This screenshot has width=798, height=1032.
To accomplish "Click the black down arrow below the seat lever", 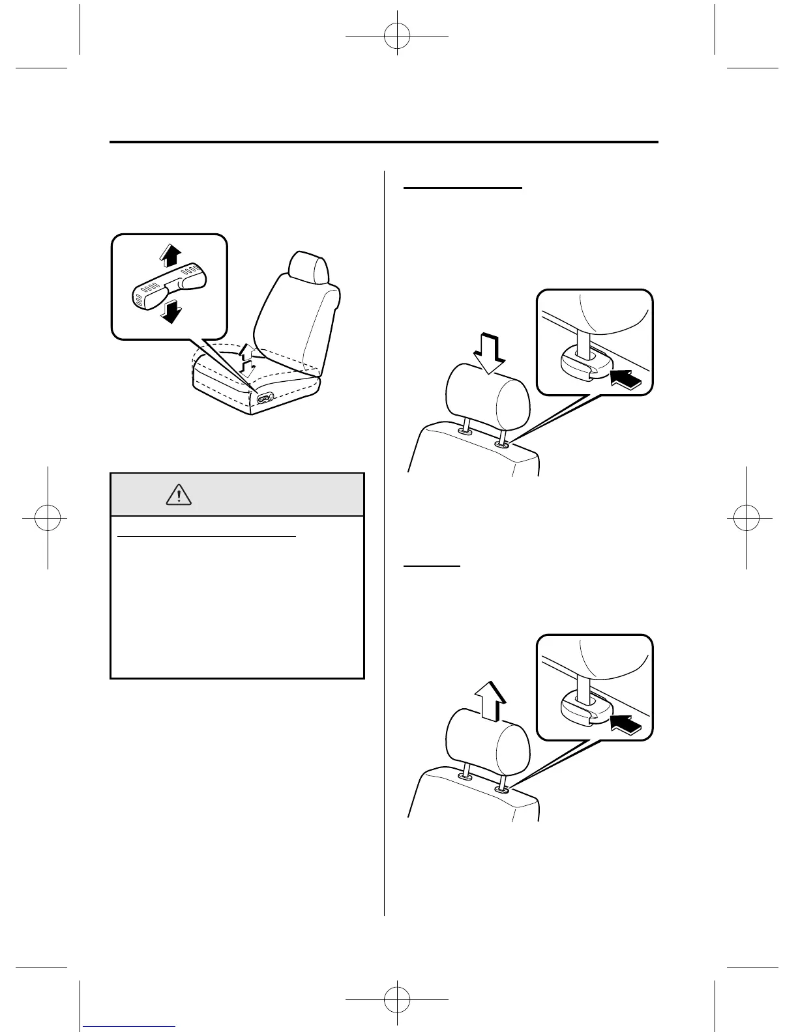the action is (x=171, y=313).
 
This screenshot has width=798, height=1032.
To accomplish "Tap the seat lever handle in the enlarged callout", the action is (x=168, y=285).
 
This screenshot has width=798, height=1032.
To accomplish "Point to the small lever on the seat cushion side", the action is (x=265, y=399).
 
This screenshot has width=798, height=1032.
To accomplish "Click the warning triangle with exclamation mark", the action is (x=178, y=495).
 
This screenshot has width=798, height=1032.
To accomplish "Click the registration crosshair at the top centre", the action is (x=397, y=36).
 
